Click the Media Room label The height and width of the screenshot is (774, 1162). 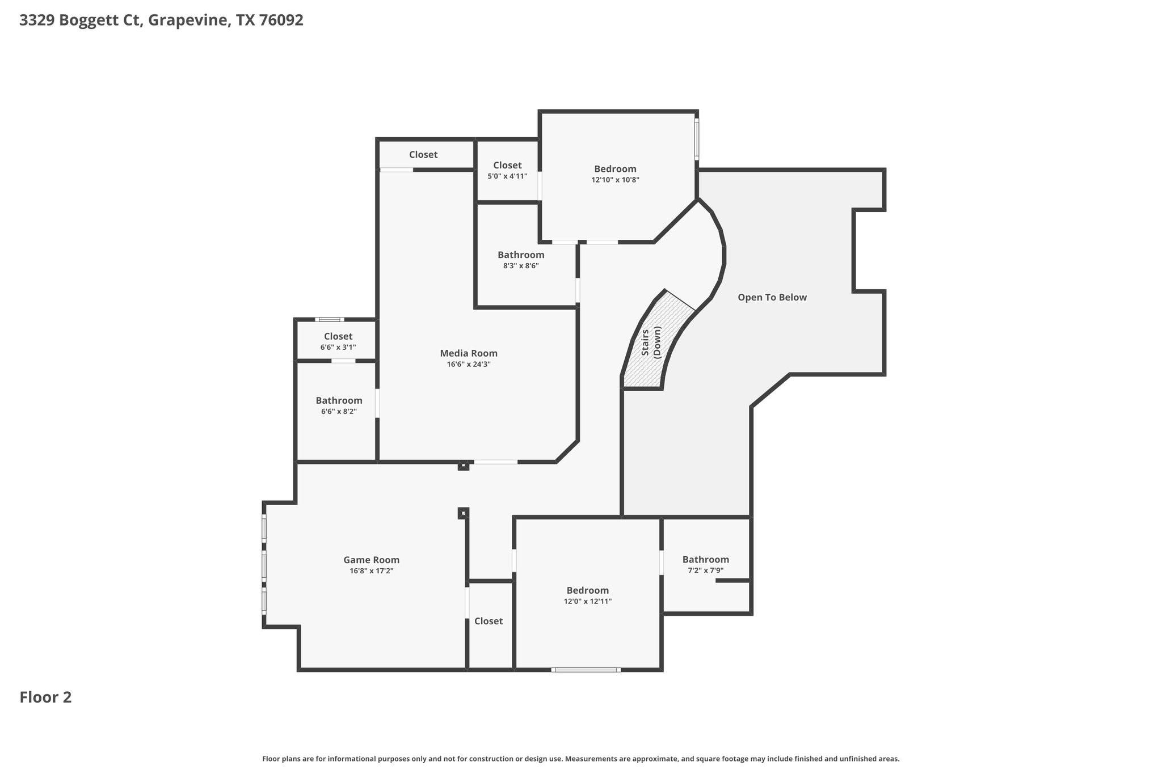point(469,353)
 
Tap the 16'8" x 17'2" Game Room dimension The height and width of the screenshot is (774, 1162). point(372,571)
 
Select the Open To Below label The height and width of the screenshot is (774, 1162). point(772,297)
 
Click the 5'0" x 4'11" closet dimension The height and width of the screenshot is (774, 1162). point(507,176)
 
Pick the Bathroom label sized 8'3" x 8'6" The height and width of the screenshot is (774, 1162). point(521,255)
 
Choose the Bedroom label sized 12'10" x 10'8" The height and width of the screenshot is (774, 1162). point(615,169)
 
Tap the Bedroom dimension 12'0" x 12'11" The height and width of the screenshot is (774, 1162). point(588,602)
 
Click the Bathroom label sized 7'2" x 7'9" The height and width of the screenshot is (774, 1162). point(705,560)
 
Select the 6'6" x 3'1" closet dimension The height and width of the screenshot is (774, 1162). point(338,348)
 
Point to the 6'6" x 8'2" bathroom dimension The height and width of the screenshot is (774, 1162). point(339,412)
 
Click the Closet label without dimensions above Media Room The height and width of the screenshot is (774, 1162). point(423,155)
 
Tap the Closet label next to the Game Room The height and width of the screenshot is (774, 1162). point(489,621)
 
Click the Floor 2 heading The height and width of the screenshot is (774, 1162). point(45,697)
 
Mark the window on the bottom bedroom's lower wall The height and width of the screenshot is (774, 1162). point(586,670)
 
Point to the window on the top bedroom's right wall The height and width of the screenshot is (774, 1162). point(697,139)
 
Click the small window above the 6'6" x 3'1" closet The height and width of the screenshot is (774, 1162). point(330,320)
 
